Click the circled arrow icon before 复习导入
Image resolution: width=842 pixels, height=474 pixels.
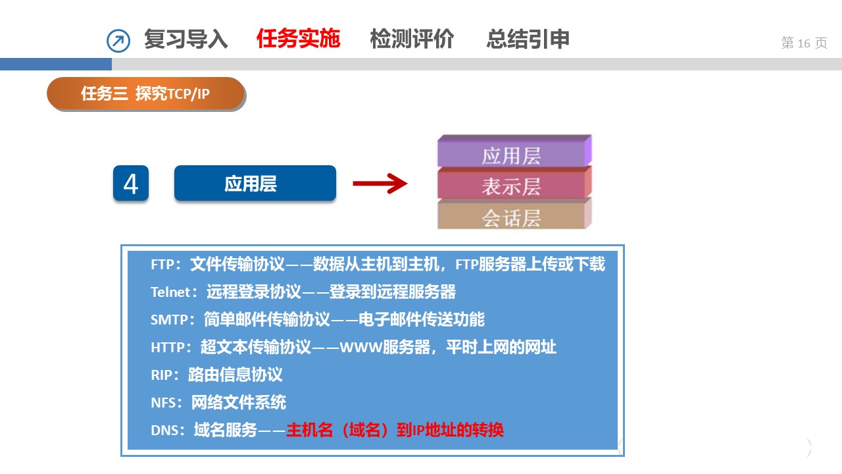(x=118, y=41)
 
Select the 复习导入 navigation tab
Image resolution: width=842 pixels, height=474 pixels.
(x=186, y=39)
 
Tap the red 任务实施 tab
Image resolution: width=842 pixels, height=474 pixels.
(x=299, y=39)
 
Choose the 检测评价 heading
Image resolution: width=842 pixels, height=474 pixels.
(x=412, y=39)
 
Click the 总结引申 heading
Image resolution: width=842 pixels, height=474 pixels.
(x=528, y=39)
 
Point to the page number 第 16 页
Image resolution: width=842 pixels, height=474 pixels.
(x=804, y=43)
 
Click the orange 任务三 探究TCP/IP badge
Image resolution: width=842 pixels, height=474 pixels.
(x=145, y=93)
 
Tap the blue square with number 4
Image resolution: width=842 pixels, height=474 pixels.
(x=131, y=183)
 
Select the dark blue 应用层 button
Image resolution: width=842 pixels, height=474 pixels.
(x=255, y=183)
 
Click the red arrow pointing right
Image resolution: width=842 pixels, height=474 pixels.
(x=380, y=184)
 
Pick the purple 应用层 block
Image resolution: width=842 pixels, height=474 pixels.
(x=514, y=151)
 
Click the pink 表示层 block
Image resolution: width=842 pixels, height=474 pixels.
(x=514, y=183)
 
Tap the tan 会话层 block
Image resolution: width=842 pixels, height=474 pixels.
(x=514, y=215)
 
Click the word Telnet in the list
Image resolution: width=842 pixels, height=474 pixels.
(x=170, y=292)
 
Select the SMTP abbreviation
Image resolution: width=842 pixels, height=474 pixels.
(x=169, y=320)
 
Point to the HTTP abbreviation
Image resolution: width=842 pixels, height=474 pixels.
(x=168, y=347)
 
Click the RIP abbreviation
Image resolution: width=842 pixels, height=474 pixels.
(x=161, y=375)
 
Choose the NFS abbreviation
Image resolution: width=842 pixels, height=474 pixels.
(x=163, y=403)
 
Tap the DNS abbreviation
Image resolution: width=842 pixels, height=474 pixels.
(x=164, y=431)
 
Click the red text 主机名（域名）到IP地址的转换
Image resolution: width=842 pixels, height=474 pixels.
(x=395, y=430)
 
